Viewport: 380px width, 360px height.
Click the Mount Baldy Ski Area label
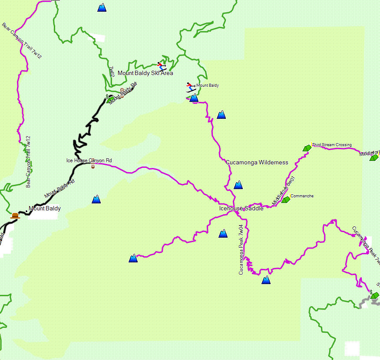145,73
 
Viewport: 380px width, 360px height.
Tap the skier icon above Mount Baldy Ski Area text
162,66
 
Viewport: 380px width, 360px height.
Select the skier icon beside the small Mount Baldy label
191,87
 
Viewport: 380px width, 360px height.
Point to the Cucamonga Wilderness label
257,163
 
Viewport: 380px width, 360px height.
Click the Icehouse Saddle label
241,209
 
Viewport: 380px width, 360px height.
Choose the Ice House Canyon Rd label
89,160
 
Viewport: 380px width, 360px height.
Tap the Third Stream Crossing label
331,145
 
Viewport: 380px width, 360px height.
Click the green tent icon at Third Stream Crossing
307,148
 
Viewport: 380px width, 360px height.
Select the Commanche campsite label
302,196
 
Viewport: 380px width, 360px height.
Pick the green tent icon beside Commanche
285,200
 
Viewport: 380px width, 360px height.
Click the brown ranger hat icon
16,216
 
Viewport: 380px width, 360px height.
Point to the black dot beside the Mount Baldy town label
26,211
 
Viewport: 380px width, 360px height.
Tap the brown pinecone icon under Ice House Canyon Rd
93,166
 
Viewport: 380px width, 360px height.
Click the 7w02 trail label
112,72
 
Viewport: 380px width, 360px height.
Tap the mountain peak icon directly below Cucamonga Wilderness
238,185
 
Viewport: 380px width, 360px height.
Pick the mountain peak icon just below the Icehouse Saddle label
223,234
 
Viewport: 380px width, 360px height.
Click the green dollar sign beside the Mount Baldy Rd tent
107,96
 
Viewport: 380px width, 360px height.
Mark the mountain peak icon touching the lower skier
194,98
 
